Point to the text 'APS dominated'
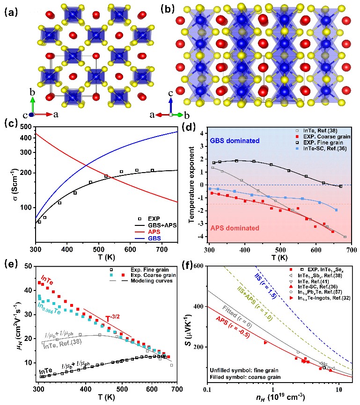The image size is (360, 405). point(221,228)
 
